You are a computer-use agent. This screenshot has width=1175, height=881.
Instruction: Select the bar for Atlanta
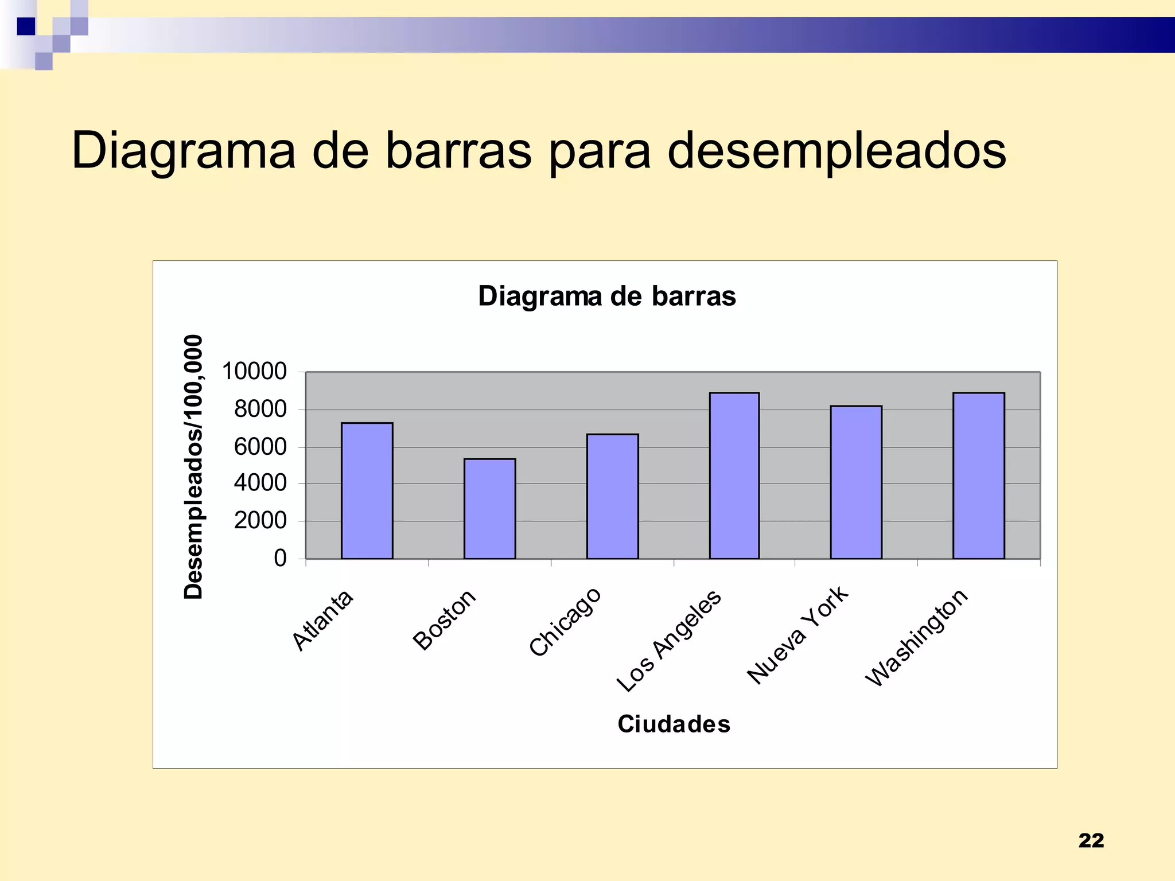click(367, 491)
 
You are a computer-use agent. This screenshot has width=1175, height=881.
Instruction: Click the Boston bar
click(489, 509)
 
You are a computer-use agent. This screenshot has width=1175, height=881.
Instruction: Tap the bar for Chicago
click(612, 497)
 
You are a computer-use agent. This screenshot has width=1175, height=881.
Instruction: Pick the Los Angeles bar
click(734, 476)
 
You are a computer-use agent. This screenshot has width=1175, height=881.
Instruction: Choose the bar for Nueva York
click(855, 482)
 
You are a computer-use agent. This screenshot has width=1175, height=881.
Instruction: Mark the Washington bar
click(978, 476)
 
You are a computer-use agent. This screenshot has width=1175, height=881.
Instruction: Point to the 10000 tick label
click(254, 372)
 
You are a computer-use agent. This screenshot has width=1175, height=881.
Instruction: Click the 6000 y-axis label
click(260, 447)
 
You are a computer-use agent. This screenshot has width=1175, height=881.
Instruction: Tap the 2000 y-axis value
click(260, 521)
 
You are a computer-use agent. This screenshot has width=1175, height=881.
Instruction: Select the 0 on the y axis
click(280, 558)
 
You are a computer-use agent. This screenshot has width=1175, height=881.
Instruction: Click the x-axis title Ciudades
click(674, 724)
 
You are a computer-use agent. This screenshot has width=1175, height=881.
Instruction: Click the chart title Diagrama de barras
click(606, 297)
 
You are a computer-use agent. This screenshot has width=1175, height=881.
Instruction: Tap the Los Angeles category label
click(669, 640)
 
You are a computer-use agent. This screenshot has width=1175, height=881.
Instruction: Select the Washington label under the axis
click(916, 637)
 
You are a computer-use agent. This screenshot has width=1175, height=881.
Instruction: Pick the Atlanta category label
click(322, 620)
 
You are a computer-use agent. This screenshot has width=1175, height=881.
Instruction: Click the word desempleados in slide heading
click(836, 151)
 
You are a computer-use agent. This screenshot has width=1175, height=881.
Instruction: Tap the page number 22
click(1091, 840)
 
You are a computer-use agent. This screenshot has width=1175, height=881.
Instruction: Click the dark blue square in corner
click(26, 26)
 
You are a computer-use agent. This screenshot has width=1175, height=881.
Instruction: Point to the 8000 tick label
click(260, 410)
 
